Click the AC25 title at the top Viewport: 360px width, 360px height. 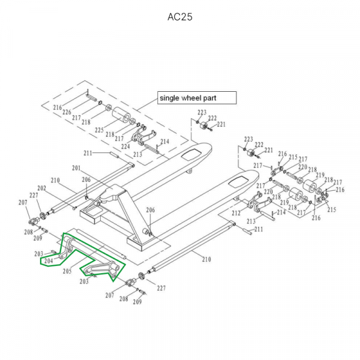179,16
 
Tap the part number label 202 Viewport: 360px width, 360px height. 41,188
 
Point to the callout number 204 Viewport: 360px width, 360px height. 48,261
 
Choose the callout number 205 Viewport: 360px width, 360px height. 67,271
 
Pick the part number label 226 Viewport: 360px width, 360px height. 66,112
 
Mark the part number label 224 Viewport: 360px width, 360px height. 125,146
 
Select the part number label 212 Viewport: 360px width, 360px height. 236,214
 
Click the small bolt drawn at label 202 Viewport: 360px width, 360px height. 74,208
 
